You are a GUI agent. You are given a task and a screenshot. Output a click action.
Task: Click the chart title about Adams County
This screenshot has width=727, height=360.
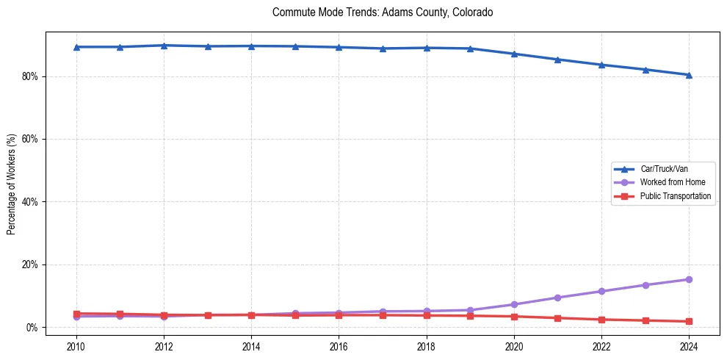(x=382, y=12)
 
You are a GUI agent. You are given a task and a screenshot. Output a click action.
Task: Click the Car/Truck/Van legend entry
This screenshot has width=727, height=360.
(x=664, y=169)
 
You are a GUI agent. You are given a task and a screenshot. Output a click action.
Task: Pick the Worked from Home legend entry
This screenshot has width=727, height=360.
(x=671, y=182)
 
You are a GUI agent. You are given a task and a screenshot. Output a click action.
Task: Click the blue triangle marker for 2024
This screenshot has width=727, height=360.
(x=689, y=75)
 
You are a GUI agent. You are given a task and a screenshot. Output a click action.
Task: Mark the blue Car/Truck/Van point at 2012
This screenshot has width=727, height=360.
(x=164, y=46)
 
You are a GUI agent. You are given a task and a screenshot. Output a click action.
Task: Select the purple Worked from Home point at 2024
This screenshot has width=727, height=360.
(x=689, y=279)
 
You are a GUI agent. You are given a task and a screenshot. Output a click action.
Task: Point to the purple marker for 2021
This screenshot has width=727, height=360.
(x=557, y=298)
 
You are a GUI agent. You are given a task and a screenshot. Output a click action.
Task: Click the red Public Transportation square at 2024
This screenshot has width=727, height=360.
(x=689, y=321)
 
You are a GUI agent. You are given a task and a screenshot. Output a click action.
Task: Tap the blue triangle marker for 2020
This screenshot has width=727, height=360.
(x=514, y=54)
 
